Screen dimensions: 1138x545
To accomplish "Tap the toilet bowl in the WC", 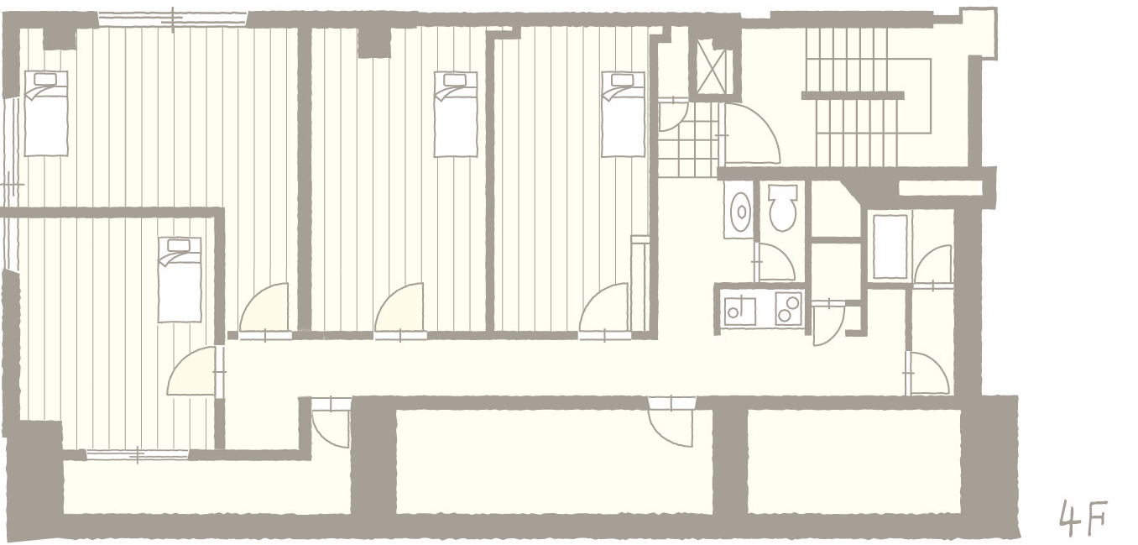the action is tap(782, 207).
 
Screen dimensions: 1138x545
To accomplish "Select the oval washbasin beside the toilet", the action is tap(739, 210).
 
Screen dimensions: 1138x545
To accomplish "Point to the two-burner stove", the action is tap(789, 308).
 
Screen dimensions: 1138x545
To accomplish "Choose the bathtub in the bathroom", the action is tap(890, 246).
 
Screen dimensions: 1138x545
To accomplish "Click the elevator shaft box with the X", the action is tap(713, 66).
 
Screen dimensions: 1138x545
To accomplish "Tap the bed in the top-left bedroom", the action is tap(46, 113).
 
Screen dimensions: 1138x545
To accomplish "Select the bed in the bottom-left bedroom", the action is tap(180, 279).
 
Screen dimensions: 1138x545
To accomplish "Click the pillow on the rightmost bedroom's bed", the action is tap(623, 80).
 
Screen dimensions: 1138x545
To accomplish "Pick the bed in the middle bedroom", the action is tap(455, 114).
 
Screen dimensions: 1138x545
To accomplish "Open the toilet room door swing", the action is tap(775, 261).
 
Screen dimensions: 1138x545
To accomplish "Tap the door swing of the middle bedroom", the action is tap(399, 310).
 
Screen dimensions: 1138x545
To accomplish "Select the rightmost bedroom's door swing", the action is tap(604, 310).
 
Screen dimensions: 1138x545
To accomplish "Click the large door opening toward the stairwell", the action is tap(751, 134).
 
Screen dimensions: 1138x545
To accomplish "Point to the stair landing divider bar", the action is tap(853, 95).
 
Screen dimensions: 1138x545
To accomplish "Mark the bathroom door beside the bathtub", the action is tap(932, 266).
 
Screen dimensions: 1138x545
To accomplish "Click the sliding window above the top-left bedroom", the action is tap(173, 19).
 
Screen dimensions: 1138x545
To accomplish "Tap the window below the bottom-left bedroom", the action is tap(137, 454).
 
